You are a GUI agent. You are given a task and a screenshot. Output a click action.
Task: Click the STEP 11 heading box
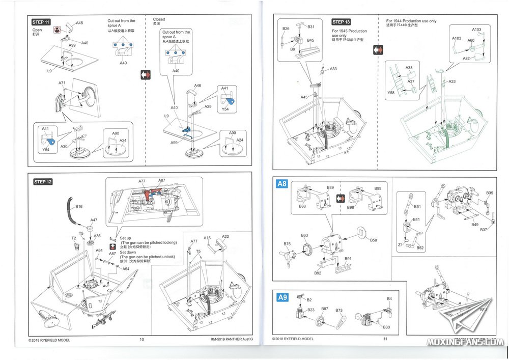click(41, 22)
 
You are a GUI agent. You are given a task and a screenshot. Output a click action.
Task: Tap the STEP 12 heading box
click(43, 182)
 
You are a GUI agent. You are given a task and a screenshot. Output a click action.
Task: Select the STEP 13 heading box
click(341, 22)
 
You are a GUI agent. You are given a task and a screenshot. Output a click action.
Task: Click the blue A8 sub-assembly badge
click(282, 184)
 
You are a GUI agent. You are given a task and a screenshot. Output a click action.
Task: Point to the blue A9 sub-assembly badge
click(282, 297)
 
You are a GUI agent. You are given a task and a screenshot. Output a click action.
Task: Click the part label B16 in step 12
click(79, 207)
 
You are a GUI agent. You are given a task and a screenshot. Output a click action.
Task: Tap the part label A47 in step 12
click(94, 220)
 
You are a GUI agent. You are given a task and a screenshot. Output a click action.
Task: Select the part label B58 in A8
click(374, 240)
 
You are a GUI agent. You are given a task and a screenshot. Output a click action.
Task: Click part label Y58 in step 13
click(391, 93)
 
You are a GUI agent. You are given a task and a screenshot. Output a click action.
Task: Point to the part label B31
click(311, 26)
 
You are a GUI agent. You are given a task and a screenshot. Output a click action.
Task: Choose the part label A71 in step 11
click(62, 82)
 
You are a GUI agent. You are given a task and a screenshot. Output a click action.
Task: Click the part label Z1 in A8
click(401, 244)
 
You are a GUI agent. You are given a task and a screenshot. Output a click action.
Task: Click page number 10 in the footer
click(142, 340)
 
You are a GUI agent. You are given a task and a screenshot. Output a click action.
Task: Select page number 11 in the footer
click(385, 339)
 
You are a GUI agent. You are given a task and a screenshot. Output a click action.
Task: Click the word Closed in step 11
click(159, 19)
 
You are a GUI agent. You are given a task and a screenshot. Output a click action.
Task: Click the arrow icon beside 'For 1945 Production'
click(378, 50)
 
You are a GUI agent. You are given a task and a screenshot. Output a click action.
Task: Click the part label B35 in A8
click(489, 193)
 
